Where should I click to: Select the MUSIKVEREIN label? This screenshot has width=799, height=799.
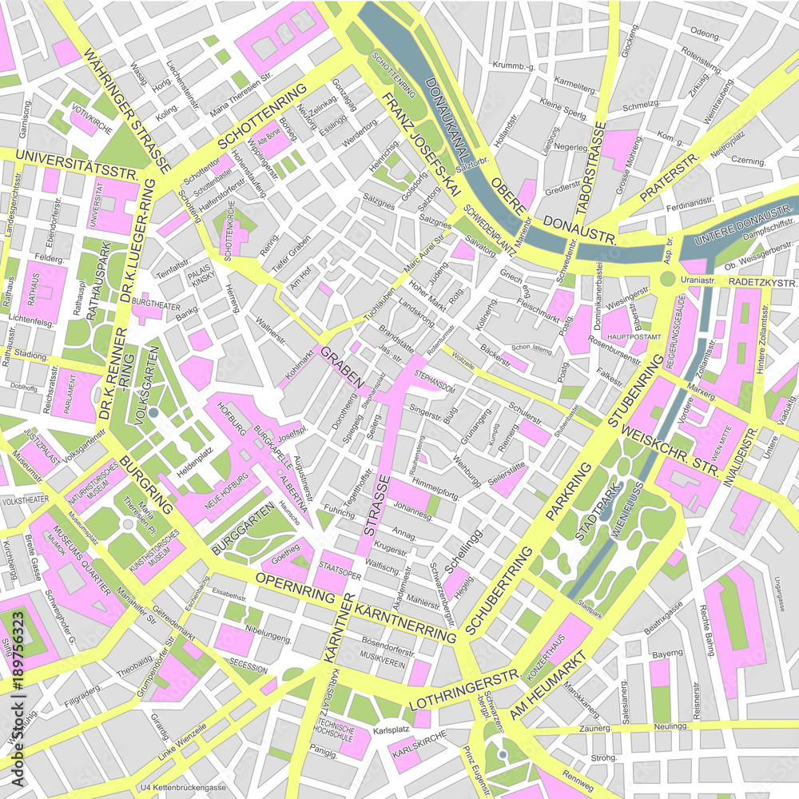coord(380,653)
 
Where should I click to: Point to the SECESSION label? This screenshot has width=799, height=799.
coord(248,663)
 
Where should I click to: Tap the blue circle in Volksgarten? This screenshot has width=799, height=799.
coord(153,412)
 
